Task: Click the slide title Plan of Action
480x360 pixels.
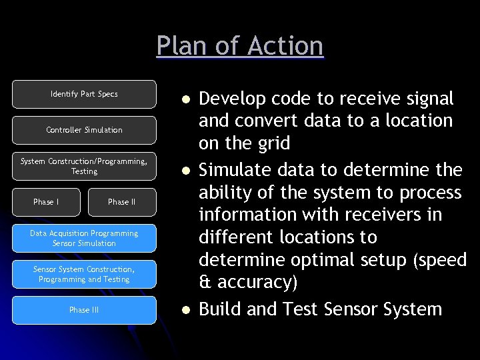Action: point(240,46)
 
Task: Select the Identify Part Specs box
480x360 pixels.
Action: point(84,94)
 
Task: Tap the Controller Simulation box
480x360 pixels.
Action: point(84,130)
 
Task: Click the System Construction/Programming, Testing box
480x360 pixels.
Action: point(84,166)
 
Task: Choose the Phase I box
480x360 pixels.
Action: point(46,202)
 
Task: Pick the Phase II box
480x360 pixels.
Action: point(121,202)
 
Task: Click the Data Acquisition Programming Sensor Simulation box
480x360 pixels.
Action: point(84,238)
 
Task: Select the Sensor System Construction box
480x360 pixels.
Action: point(84,274)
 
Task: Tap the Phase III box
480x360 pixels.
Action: point(84,310)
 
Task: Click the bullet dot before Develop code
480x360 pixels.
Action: point(187,100)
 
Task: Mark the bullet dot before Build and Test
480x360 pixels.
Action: point(187,310)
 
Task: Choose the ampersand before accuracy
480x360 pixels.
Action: point(205,282)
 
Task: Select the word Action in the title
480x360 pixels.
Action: point(285,46)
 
